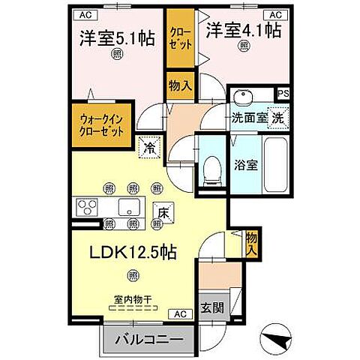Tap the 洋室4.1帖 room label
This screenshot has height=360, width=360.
tap(244, 31)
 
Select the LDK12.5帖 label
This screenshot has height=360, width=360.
tap(134, 253)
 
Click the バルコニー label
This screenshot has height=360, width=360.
tap(148, 340)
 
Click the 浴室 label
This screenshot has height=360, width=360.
tap(245, 165)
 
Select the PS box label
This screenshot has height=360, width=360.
tap(282, 94)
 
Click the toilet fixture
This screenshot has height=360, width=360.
tap(211, 169)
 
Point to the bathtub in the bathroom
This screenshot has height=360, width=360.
tap(276, 163)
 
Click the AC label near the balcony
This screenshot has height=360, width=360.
tap(181, 313)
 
